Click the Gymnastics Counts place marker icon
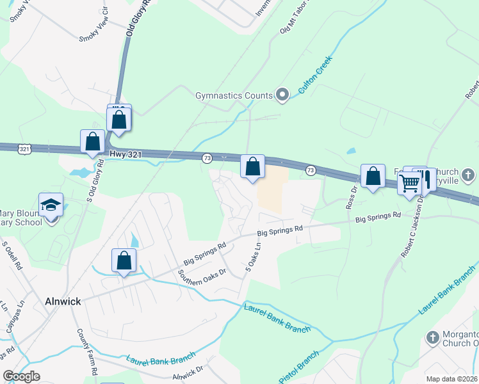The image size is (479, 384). click(282, 95)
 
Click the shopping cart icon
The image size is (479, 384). click(409, 183)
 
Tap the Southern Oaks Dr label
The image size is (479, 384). click(203, 276)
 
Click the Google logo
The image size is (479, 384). click(22, 376)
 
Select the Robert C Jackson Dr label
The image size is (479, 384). click(413, 227)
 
